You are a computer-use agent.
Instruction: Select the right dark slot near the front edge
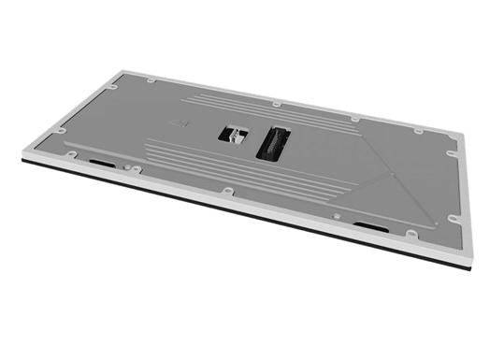pos(371,225)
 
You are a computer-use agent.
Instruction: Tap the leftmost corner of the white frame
pos(21,156)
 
